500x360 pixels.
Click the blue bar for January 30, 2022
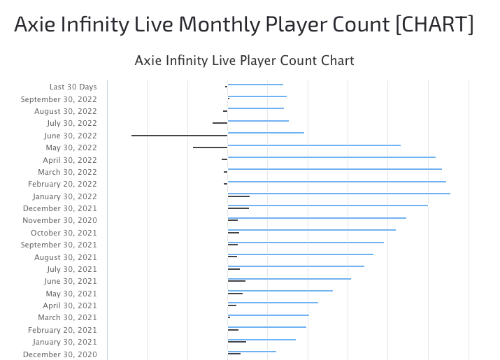(338, 193)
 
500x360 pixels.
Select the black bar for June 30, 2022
(179, 136)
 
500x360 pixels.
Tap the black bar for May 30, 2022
(210, 147)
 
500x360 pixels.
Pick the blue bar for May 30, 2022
(314, 145)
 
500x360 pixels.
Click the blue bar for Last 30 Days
(255, 85)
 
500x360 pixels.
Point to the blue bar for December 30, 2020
(252, 351)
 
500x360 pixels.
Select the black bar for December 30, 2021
(238, 208)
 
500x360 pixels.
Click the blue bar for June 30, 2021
(289, 278)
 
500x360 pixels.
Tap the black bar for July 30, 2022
(220, 123)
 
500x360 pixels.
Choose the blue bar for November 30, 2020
(317, 217)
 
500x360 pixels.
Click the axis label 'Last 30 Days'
(73, 87)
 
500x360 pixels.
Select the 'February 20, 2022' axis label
(62, 184)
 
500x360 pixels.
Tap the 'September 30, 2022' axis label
(59, 99)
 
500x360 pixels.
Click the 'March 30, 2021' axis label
(67, 317)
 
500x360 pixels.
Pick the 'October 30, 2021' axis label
(64, 233)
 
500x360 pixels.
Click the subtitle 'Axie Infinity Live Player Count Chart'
(244, 61)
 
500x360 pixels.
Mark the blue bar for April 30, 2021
(273, 303)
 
